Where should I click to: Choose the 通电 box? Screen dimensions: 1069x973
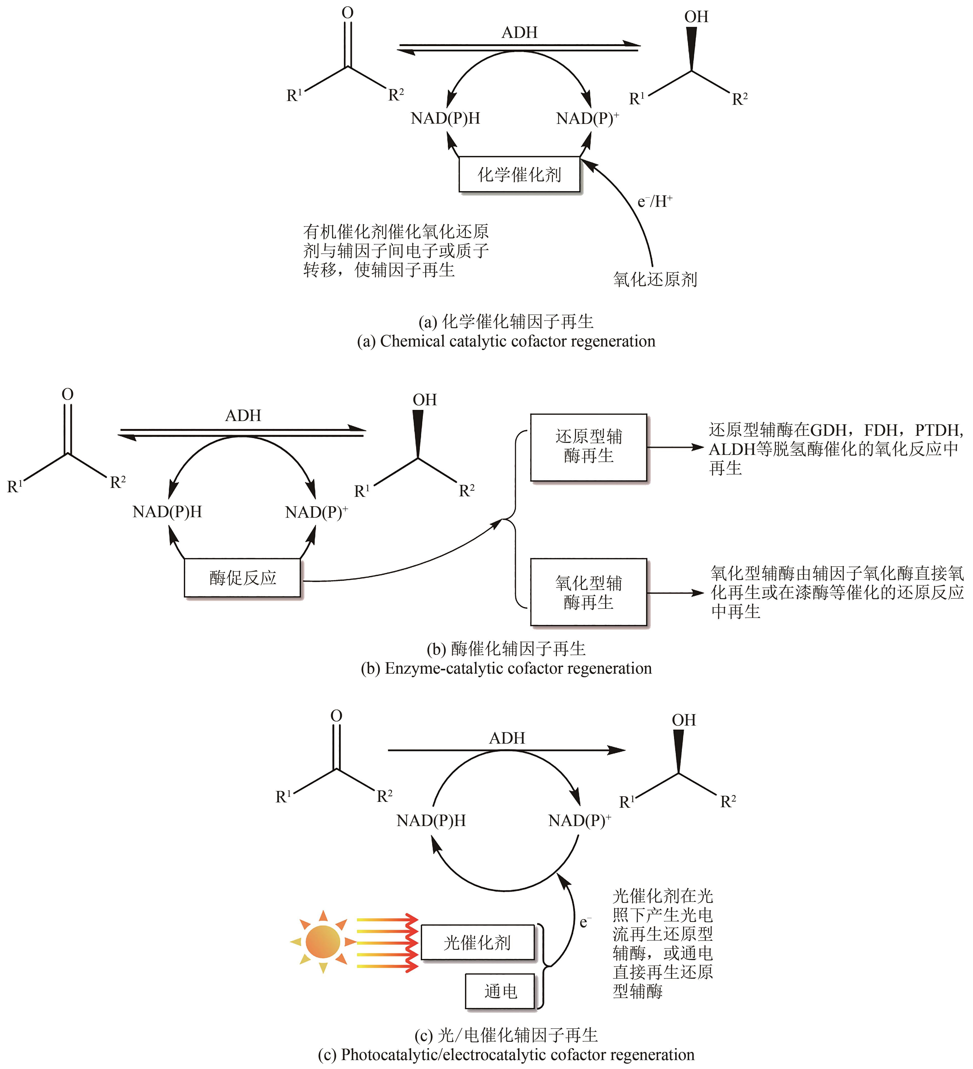tap(500, 991)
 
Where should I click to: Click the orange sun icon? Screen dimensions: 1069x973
tap(323, 942)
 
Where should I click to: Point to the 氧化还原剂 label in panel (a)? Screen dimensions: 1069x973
tap(655, 279)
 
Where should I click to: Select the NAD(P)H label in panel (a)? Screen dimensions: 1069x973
tap(445, 118)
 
